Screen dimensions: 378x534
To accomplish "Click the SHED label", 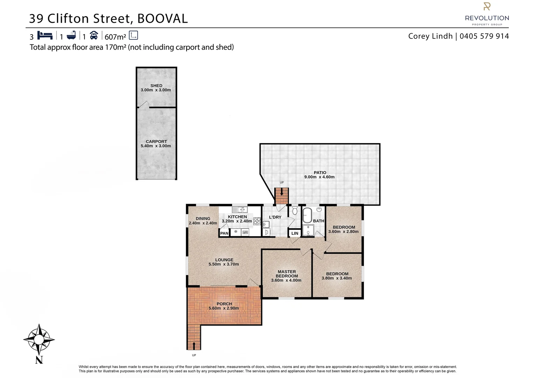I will (156, 85).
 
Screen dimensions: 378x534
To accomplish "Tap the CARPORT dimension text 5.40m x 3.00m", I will (156, 146).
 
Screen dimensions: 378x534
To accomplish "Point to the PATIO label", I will (320, 172).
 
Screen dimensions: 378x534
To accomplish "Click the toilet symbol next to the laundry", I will (295, 211).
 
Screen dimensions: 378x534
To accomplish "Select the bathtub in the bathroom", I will (307, 215).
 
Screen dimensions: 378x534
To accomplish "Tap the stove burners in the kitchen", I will (257, 221).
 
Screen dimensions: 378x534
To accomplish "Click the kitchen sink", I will (240, 210).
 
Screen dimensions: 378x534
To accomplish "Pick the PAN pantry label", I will (224, 233).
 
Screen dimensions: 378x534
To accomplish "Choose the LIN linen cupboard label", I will (295, 233).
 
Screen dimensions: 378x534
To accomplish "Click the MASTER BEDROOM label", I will (287, 274).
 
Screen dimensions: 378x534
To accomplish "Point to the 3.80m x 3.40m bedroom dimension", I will (337, 278).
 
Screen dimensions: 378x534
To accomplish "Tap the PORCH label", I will (224, 304).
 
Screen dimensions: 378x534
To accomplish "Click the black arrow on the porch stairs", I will (194, 346).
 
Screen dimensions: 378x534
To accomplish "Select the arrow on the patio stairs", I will (282, 192).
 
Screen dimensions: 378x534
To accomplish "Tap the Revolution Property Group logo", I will (486, 14).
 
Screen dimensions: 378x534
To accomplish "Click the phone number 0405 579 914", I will (484, 36).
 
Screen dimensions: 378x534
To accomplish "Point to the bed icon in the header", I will (45, 35).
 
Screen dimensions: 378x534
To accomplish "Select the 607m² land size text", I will (115, 36).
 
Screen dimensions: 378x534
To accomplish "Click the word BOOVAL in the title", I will (163, 18).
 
